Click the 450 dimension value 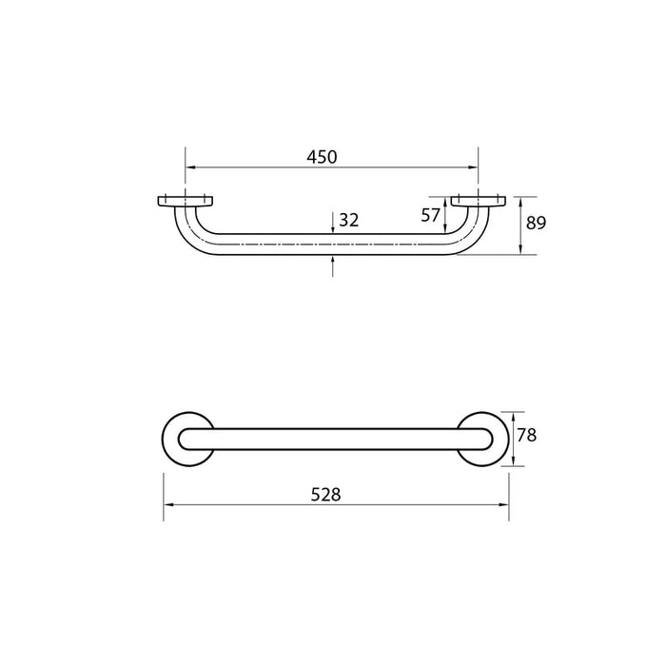coord(322,158)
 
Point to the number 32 coord(348,220)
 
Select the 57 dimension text coord(431,216)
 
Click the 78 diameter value coord(528,436)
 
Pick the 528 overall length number coord(324,494)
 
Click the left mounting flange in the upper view coord(184,201)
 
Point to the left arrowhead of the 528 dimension coord(168,506)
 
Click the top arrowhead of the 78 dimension coord(514,415)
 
